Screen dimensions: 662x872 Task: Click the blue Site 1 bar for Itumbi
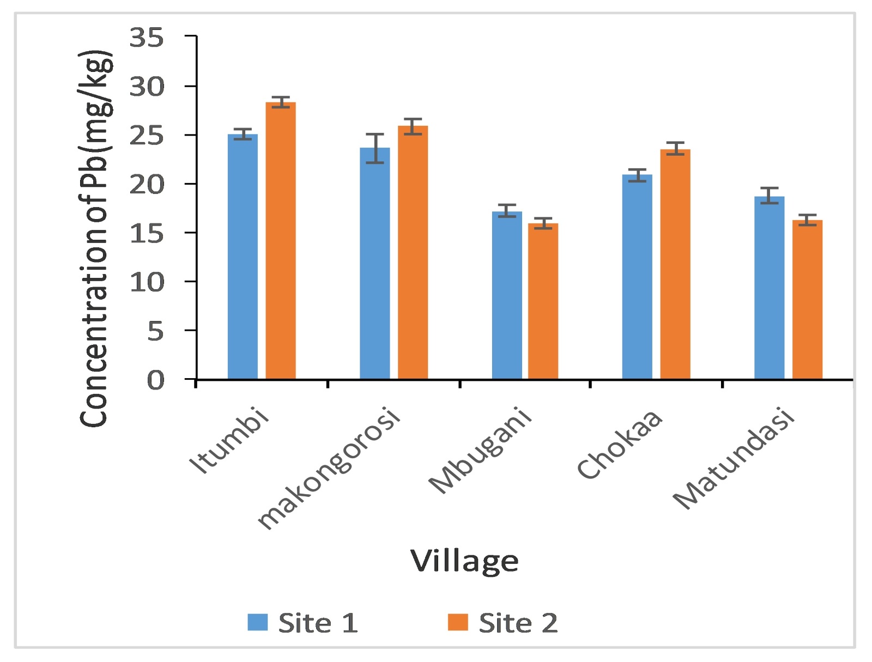click(243, 256)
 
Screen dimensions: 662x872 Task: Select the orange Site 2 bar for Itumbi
click(281, 240)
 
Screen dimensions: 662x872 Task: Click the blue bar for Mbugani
click(507, 295)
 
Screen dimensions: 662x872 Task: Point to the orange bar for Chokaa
click(675, 264)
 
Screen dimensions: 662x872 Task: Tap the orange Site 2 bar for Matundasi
click(807, 299)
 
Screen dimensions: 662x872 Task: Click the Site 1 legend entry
click(302, 622)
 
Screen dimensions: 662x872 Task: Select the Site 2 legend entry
click(503, 622)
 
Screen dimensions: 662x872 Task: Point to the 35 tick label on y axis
click(146, 38)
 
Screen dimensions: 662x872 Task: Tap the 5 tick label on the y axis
click(155, 331)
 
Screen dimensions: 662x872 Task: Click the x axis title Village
click(464, 561)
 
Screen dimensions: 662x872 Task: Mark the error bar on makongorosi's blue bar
click(375, 148)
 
